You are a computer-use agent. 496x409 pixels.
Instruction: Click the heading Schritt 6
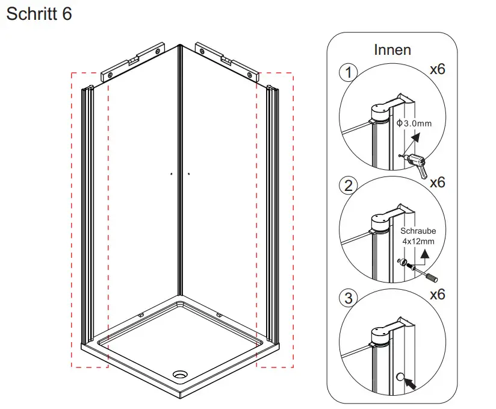click(39, 14)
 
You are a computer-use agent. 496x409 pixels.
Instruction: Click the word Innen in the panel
click(392, 49)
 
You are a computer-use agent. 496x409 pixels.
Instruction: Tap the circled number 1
click(348, 73)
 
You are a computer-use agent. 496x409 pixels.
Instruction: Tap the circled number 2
click(348, 186)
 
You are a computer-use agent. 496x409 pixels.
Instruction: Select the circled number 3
click(348, 298)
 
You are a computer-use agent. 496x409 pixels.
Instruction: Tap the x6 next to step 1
click(438, 69)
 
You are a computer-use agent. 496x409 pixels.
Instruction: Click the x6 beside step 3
click(438, 295)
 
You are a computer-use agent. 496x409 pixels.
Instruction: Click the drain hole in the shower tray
click(181, 375)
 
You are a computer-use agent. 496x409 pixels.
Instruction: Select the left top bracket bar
click(134, 61)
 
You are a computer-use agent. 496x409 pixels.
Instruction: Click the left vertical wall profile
click(88, 217)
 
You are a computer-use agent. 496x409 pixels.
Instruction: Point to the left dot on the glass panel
click(171, 174)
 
